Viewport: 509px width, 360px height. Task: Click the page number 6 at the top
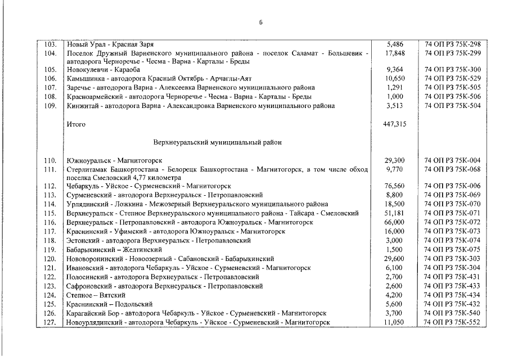260,22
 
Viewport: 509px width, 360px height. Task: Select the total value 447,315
395,124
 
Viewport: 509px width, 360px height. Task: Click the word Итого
76,124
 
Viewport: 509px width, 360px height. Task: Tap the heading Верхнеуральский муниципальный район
217,142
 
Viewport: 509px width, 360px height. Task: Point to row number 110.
51,161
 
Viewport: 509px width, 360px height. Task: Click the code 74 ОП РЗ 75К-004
453,161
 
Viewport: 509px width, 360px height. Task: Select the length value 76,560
395,186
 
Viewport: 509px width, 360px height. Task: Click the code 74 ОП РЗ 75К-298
453,44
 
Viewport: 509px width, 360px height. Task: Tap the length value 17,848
395,53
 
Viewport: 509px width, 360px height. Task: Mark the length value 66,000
395,223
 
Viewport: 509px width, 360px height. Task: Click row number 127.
51,322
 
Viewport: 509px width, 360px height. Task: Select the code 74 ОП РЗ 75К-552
453,322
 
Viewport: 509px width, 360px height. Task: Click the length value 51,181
395,214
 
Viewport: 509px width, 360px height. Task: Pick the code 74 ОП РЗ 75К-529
453,79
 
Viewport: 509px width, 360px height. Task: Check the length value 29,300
395,161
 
